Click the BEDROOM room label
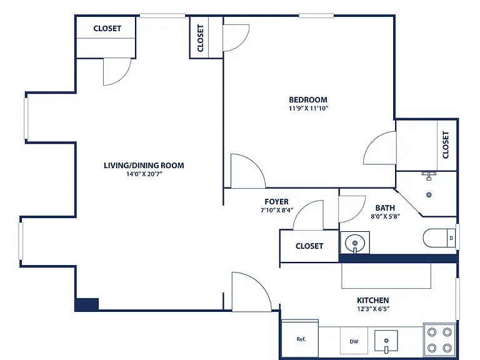click(308, 100)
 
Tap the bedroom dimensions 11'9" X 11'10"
click(309, 108)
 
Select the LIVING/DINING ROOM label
click(144, 166)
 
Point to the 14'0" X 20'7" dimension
click(144, 174)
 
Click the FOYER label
click(276, 202)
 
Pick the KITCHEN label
click(373, 300)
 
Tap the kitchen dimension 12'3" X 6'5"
click(373, 309)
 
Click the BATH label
click(385, 208)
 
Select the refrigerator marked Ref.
click(300, 339)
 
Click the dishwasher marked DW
click(354, 341)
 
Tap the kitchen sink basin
click(386, 341)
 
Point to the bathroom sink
click(355, 243)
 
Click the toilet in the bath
click(439, 238)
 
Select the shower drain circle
click(429, 195)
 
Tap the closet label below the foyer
click(309, 246)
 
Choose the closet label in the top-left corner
click(107, 29)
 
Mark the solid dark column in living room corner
click(87, 304)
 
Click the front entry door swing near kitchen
click(251, 292)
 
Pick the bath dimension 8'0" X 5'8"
click(386, 216)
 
